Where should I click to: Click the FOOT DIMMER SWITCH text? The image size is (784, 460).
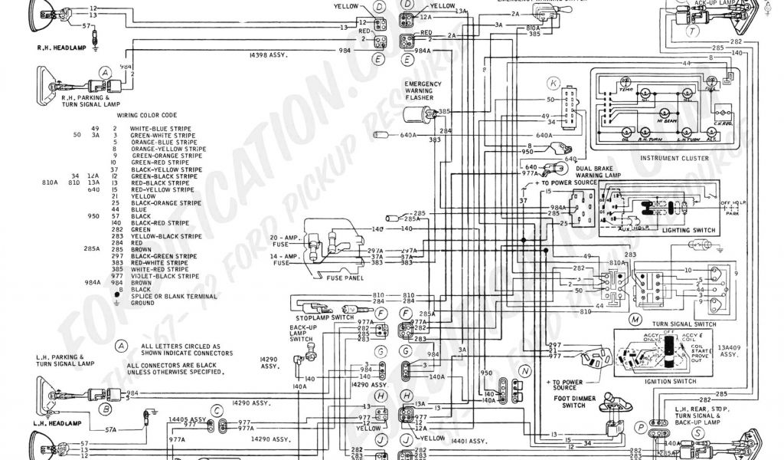(565, 402)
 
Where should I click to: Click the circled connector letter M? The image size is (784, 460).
(635, 318)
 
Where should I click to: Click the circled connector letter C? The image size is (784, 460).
(218, 410)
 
